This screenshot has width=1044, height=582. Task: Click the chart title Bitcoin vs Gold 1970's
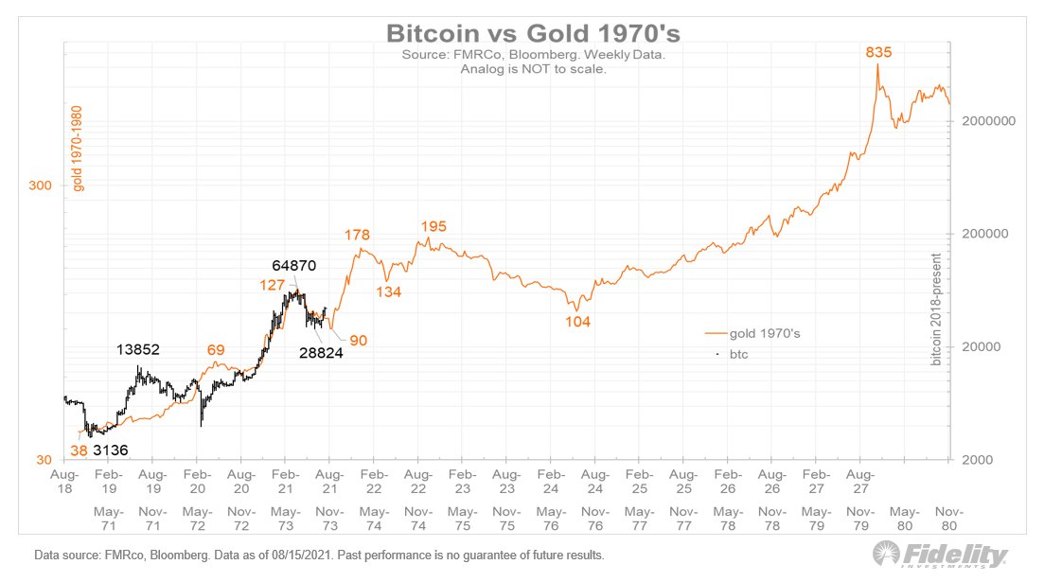pos(533,33)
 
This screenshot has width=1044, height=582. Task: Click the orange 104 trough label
pos(576,322)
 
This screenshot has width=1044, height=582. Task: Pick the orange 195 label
pos(433,226)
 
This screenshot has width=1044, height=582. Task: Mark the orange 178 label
pos(357,235)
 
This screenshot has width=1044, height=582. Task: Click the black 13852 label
pos(138,349)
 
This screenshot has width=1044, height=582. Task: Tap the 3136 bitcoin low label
pos(112,450)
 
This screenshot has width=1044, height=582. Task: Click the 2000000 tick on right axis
pos(987,121)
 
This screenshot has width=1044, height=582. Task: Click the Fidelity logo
pos(939,554)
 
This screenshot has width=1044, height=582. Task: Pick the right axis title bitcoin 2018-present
pos(937,309)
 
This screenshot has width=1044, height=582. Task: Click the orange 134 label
pos(388,292)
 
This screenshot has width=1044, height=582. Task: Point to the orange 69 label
pos(216,350)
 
